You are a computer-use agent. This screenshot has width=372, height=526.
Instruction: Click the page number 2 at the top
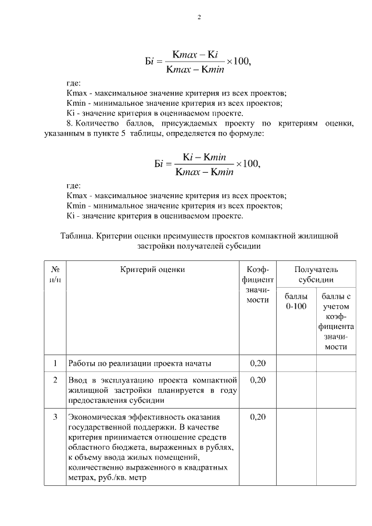point(199,17)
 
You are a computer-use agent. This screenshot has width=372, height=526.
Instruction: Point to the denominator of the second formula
point(199,171)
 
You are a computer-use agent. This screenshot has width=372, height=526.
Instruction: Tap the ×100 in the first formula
point(239,62)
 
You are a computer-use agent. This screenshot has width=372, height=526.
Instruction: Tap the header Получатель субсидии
point(316,274)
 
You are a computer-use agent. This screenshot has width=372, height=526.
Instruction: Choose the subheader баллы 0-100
point(296,302)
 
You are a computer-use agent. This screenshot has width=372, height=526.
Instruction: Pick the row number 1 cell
point(55,363)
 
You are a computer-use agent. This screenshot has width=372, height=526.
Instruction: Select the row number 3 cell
point(55,417)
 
